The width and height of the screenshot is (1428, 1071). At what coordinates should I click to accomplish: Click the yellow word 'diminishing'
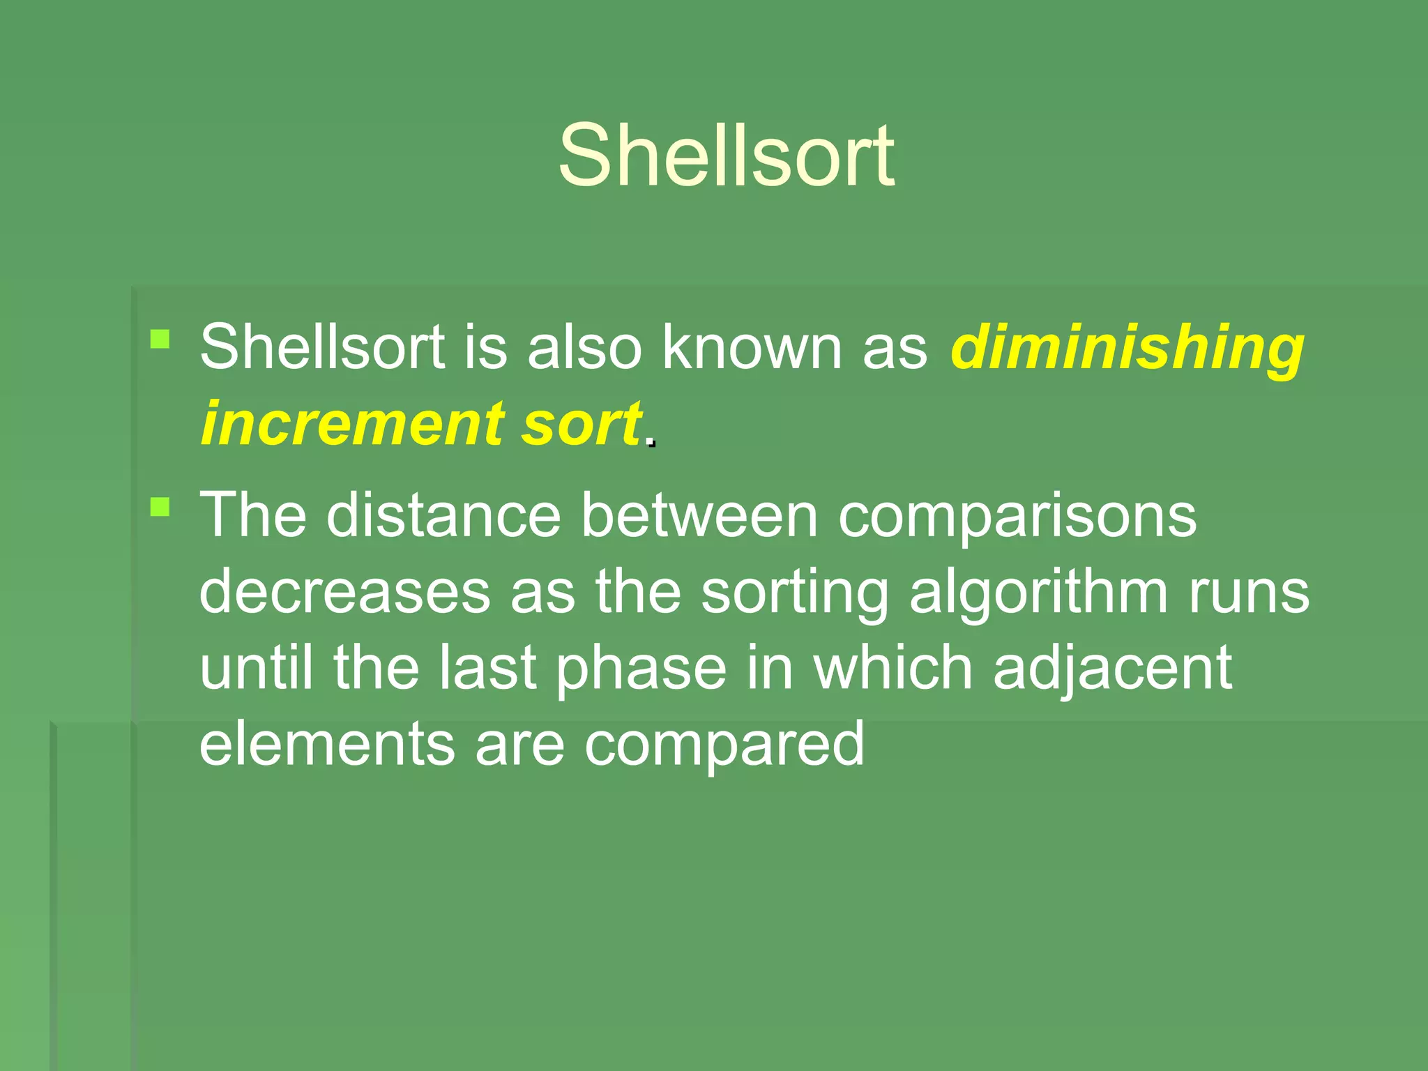(x=1127, y=348)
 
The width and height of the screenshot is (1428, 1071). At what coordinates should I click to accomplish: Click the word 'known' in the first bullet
(x=752, y=347)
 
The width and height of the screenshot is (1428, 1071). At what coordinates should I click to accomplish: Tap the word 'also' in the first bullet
(x=584, y=347)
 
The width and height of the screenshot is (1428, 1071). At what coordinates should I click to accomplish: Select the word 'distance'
(x=443, y=515)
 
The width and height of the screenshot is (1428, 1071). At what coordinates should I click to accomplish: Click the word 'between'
(x=699, y=515)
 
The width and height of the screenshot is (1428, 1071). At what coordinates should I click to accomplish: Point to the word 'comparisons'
(x=1017, y=517)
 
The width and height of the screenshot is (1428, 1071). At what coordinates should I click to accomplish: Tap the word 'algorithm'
(x=1038, y=593)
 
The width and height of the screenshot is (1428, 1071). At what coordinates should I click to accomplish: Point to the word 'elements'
(x=327, y=743)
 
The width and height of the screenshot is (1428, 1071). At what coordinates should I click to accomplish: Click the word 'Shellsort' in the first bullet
(x=322, y=347)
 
